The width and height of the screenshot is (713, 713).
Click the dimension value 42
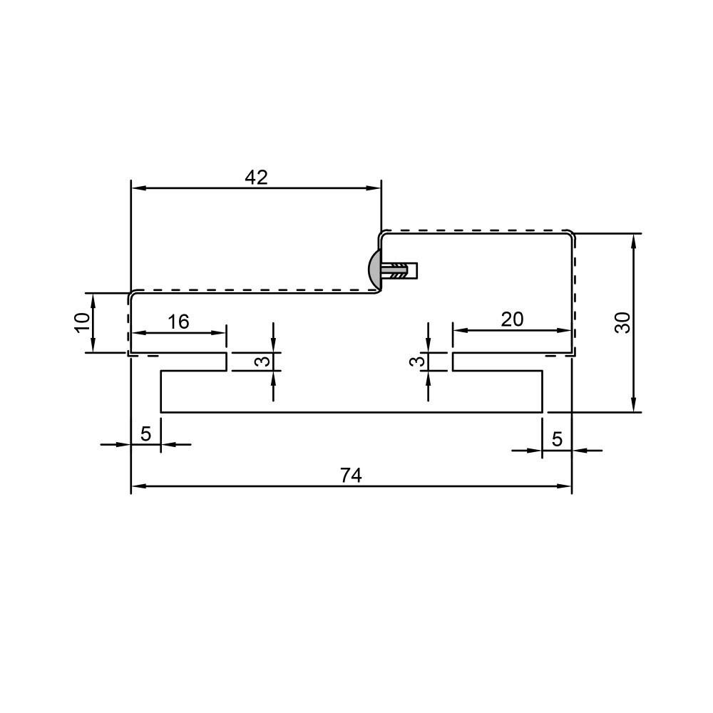tap(257, 178)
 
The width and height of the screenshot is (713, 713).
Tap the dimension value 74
tap(351, 476)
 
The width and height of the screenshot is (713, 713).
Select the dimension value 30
tap(623, 323)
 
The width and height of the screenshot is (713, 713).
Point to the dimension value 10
tap(82, 323)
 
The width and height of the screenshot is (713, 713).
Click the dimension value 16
tap(178, 322)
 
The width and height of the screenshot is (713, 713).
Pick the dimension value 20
tap(513, 319)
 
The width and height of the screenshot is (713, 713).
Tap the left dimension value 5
tap(145, 434)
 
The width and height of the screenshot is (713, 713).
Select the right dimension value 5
tap(557, 439)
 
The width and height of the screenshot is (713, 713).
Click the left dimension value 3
tap(262, 361)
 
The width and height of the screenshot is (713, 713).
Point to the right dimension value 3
tap(417, 361)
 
